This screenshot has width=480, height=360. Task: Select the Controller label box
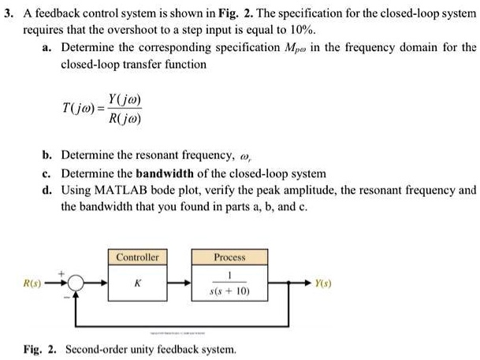[x=137, y=258]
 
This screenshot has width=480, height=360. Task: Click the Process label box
[x=229, y=258]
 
